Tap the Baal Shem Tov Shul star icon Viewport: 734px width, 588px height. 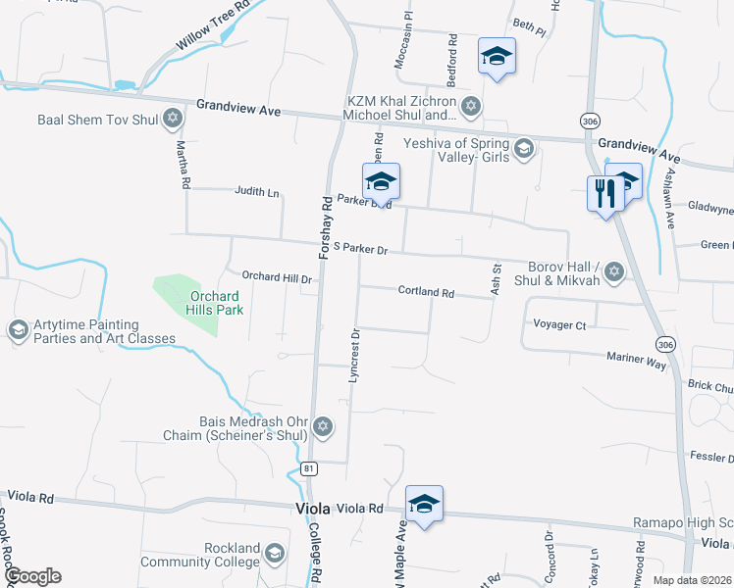click(174, 120)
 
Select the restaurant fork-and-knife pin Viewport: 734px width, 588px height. click(603, 192)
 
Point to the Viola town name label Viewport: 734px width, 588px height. click(316, 509)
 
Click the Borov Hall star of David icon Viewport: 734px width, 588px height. click(614, 271)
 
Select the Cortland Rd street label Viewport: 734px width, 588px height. click(426, 292)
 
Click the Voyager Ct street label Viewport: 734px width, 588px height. click(558, 324)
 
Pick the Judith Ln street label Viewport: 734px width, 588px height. click(257, 192)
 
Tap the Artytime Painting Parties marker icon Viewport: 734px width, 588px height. click(18, 330)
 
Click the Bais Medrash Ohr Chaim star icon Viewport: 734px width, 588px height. click(323, 426)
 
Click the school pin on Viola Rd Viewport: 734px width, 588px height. click(424, 504)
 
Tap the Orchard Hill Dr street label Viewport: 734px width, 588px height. click(277, 279)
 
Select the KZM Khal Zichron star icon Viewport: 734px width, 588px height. click(470, 106)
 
